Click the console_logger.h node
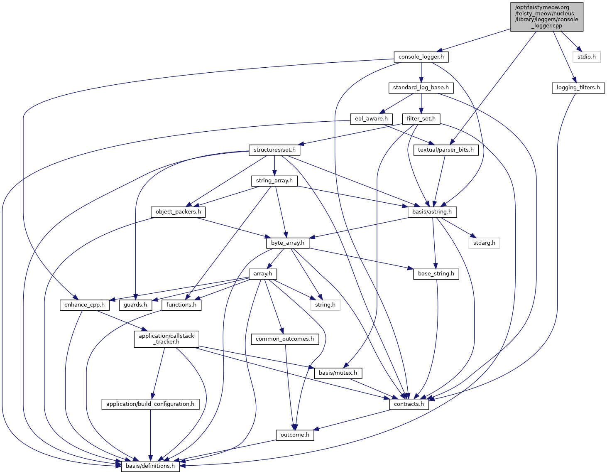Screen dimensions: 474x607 tap(421, 57)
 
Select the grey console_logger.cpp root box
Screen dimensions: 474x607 tap(546, 16)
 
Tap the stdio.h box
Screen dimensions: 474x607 tap(586, 57)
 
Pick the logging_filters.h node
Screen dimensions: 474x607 tap(578, 88)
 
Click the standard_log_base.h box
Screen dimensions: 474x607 tap(421, 88)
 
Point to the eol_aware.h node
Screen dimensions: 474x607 tap(371, 119)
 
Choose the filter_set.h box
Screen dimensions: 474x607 tap(421, 119)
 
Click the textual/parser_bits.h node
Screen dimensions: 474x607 tap(445, 150)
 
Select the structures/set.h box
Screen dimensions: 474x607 tap(274, 150)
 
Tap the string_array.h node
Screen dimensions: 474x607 tap(274, 181)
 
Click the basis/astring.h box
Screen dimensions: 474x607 tap(432, 212)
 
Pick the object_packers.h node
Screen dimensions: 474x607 tap(178, 212)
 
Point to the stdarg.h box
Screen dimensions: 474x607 tap(484, 243)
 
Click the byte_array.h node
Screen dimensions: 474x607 tap(288, 243)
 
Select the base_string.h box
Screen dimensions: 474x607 tap(436, 274)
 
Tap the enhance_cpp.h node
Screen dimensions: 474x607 tap(84, 305)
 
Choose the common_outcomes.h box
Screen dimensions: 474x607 tap(285, 339)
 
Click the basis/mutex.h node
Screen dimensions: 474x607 tap(338, 373)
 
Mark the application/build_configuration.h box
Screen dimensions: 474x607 tap(150, 404)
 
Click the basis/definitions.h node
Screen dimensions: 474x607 tap(150, 466)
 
